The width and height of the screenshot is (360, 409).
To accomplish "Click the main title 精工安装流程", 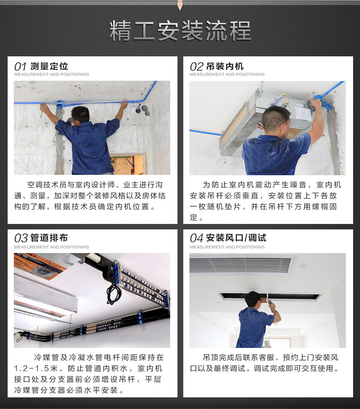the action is click(x=180, y=31).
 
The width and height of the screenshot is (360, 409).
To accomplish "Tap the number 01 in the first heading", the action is click(x=20, y=67).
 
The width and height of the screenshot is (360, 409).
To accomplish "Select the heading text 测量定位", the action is click(x=49, y=66).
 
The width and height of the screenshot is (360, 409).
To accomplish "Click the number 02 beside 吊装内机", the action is click(x=196, y=67).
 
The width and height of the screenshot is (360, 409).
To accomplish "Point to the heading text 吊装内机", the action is click(x=225, y=66).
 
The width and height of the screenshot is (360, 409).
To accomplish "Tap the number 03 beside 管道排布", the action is click(x=21, y=238).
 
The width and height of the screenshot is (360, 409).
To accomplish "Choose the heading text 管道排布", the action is click(x=49, y=238).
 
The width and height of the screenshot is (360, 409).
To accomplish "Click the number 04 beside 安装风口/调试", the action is click(x=196, y=238).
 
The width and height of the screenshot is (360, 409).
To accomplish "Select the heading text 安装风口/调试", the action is click(x=236, y=238).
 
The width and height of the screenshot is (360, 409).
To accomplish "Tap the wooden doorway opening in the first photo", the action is click(x=128, y=164).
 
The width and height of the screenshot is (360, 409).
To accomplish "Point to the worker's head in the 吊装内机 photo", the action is click(x=276, y=120).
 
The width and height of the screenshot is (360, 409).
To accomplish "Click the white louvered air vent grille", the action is click(x=241, y=264).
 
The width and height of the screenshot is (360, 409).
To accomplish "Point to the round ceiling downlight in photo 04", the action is click(x=303, y=266).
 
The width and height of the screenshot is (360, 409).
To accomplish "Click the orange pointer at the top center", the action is click(x=180, y=5).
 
